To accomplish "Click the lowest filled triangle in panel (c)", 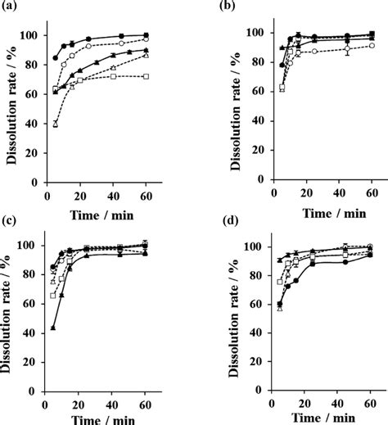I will (x=53, y=327).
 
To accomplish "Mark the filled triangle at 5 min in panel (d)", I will (x=280, y=260).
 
